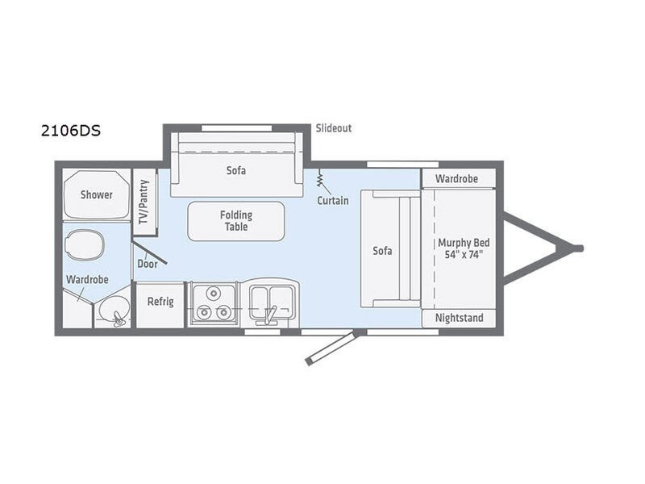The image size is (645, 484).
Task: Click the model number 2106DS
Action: (x=71, y=131)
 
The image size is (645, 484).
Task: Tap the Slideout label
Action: (x=334, y=128)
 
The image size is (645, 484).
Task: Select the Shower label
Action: (x=96, y=194)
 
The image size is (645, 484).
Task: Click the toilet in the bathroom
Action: (x=85, y=245)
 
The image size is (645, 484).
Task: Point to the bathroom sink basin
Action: (x=113, y=311)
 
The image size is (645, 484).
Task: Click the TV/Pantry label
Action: (x=144, y=202)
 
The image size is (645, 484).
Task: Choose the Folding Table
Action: (x=236, y=221)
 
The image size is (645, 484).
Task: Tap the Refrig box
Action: (x=160, y=305)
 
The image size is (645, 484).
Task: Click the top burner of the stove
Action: (x=213, y=294)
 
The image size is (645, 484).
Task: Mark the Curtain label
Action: (x=333, y=200)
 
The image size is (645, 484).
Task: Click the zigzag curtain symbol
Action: (x=319, y=179)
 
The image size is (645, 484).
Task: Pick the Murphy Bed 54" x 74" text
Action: (x=464, y=248)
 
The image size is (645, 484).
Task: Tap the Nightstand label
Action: (x=459, y=318)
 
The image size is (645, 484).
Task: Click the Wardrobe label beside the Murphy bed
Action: (x=456, y=179)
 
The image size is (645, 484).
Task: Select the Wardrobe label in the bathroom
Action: (x=87, y=280)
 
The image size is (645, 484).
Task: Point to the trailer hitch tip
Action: (x=579, y=248)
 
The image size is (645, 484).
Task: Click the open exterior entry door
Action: (x=331, y=348)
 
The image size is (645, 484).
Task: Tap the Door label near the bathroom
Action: (x=148, y=264)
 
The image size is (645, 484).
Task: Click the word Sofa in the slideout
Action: (x=236, y=170)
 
